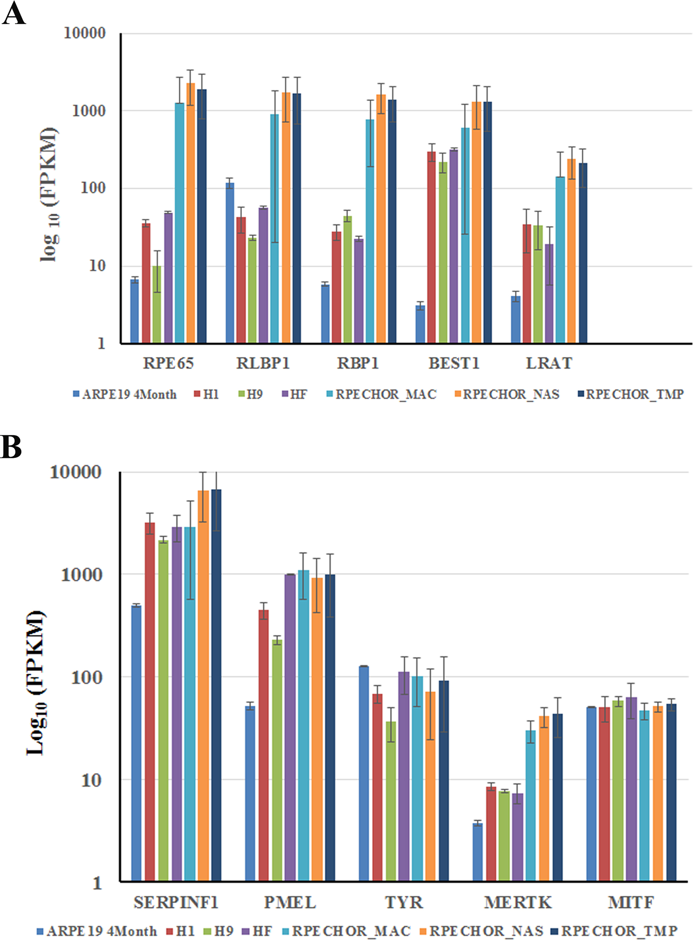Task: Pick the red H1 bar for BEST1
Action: point(431,247)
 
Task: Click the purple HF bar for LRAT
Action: point(549,293)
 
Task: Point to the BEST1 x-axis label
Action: point(454,363)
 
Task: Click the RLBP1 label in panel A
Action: point(263,363)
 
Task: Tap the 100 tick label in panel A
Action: point(93,188)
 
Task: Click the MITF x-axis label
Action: point(631,902)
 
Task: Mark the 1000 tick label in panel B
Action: point(82,575)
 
